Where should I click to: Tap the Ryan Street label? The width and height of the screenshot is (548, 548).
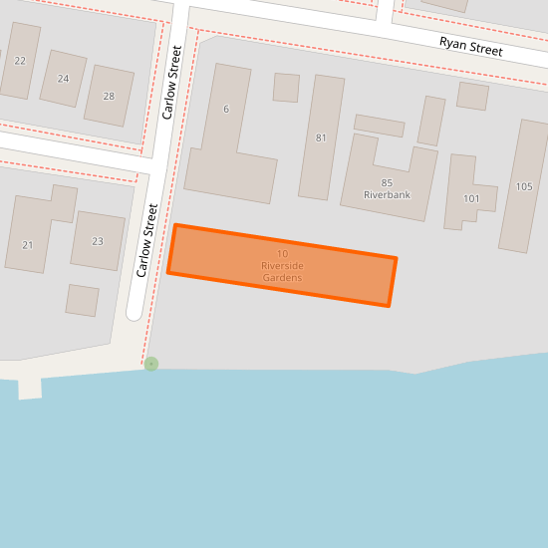(x=471, y=45)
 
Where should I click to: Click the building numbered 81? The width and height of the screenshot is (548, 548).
(x=321, y=137)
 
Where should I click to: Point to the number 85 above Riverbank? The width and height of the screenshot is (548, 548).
(x=387, y=182)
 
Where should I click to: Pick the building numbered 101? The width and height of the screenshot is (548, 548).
(x=471, y=198)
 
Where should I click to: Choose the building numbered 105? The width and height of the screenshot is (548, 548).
(x=524, y=186)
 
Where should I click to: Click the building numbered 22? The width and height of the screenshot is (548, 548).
(x=19, y=61)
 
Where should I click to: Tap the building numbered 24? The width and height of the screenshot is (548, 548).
(x=64, y=78)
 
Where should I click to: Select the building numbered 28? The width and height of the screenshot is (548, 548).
(x=109, y=96)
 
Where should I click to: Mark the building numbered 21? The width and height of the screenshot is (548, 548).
(x=27, y=244)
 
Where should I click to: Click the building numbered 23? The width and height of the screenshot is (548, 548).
(x=97, y=241)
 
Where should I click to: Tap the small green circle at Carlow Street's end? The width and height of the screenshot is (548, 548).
(x=150, y=364)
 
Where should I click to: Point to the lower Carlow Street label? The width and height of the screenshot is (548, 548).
(x=147, y=240)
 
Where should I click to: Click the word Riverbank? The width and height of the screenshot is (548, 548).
(x=387, y=195)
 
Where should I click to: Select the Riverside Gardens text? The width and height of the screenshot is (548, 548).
(x=282, y=272)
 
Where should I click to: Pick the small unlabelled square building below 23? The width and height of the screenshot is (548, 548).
(x=83, y=300)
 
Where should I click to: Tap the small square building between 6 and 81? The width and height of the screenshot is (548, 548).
(x=286, y=88)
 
